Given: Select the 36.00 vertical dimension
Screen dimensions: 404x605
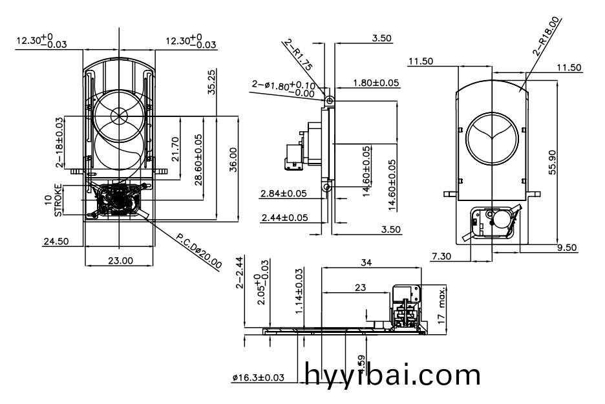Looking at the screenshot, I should pos(233,159).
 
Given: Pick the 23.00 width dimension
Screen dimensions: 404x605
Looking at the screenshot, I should pos(120,260).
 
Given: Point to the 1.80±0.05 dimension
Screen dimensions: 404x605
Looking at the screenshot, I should pos(376,83).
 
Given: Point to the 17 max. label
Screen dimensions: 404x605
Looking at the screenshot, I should pos(442,304).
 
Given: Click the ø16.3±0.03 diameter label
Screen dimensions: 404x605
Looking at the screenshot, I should pos(258,378).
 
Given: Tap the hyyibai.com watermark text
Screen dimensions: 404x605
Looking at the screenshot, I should pos(392,374).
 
